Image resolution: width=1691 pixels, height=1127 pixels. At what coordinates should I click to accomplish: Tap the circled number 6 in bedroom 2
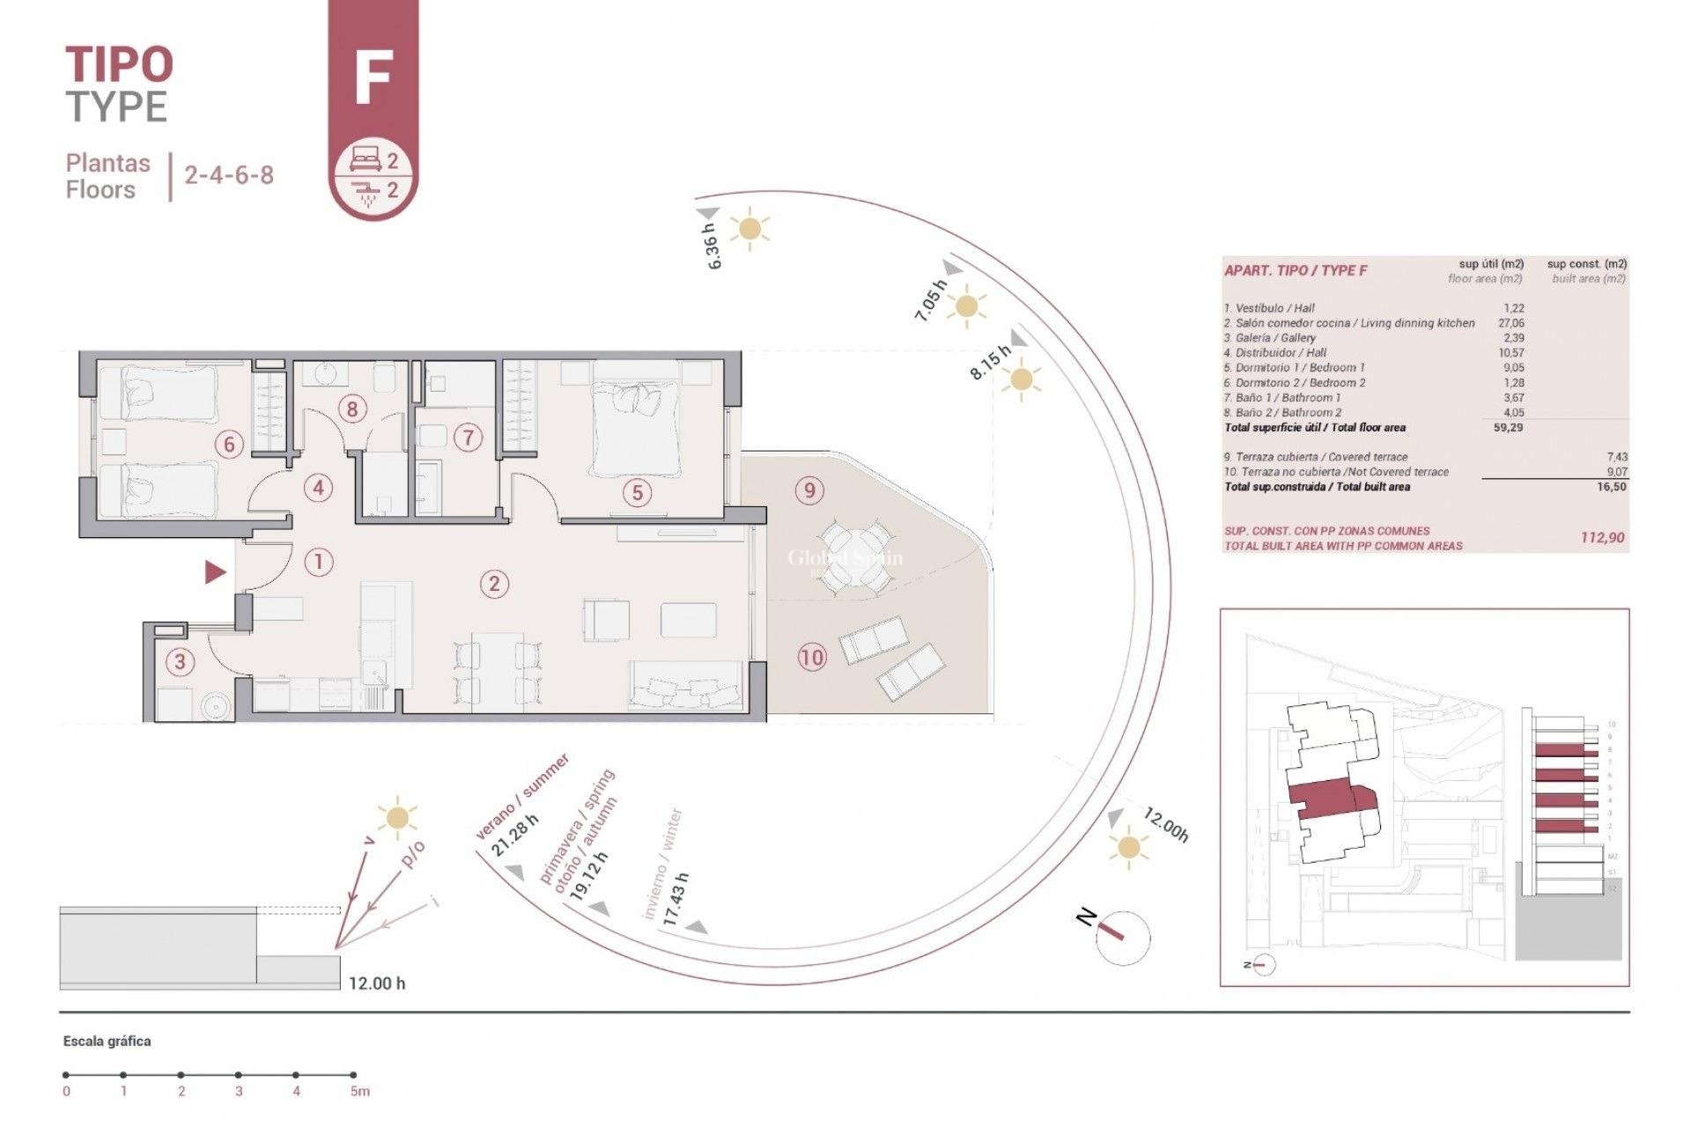coord(229,444)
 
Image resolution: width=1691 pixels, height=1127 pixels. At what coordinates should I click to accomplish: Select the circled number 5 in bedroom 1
coord(638,493)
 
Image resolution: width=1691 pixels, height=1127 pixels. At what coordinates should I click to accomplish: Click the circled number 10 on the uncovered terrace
coord(811,657)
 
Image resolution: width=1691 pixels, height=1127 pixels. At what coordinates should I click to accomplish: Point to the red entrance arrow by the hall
coord(215,573)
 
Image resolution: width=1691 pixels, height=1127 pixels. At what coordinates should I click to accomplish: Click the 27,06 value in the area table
coord(1510,323)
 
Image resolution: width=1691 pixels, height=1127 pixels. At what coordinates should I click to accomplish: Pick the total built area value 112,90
coord(1602,537)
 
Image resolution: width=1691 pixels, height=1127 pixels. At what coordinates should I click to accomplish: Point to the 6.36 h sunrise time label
coord(713,246)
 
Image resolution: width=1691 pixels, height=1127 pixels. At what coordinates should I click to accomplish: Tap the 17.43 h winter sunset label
coord(676,898)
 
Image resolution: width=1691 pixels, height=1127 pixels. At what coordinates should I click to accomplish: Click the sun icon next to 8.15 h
coord(1021,380)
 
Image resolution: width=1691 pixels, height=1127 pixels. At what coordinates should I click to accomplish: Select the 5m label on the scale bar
coord(359,1092)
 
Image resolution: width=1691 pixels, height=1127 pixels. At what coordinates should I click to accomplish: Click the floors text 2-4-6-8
coord(229,174)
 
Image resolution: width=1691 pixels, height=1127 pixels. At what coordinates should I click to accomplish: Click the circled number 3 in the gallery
coord(181,661)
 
